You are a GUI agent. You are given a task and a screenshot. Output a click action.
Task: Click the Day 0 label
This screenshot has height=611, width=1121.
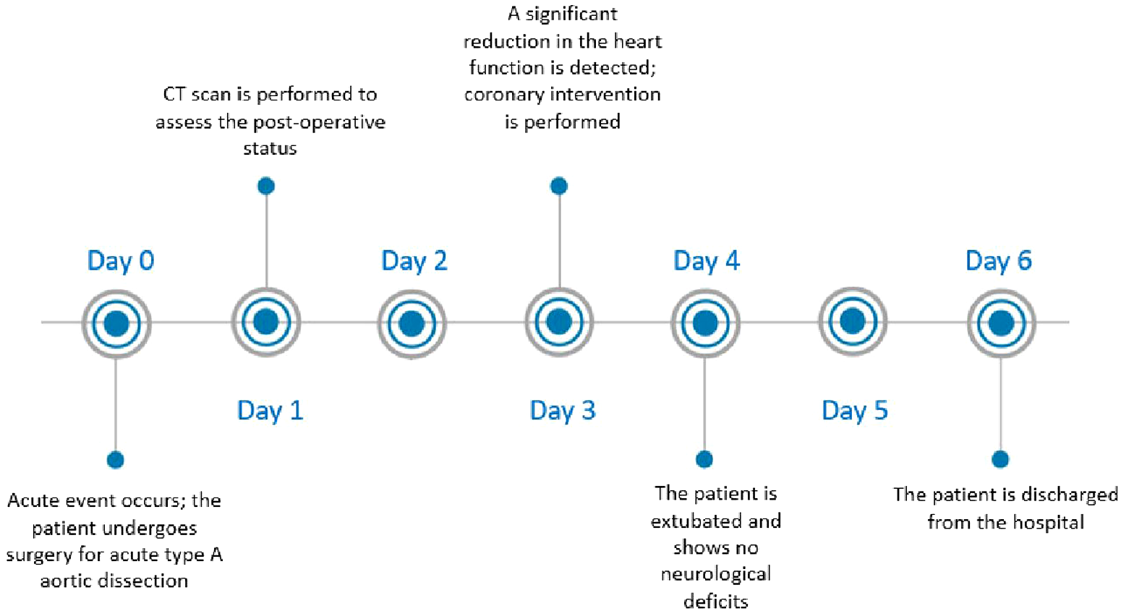click(120, 260)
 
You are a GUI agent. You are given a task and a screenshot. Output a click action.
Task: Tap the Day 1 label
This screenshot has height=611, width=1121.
click(270, 410)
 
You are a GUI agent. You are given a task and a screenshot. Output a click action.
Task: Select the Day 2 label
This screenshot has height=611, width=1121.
click(414, 260)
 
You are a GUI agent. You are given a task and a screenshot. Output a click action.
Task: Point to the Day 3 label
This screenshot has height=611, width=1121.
click(562, 410)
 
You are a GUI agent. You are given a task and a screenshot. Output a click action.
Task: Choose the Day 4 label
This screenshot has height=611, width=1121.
click(706, 260)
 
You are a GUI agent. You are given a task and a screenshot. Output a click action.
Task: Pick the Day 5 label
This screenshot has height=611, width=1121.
click(854, 410)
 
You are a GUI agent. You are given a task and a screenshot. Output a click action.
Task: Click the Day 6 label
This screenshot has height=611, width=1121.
click(998, 260)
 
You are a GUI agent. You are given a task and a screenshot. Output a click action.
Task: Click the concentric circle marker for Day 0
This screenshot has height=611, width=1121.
click(116, 323)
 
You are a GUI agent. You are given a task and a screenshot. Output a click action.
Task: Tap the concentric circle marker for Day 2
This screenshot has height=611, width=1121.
click(412, 323)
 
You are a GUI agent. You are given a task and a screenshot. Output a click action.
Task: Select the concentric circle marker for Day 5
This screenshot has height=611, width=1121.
click(853, 321)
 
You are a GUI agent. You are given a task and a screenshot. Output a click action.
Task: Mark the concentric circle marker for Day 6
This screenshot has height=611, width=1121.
click(1001, 323)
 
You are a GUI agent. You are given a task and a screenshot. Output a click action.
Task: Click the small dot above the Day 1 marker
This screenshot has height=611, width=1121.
click(266, 186)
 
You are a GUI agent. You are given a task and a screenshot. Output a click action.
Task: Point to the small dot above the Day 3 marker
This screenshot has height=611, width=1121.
click(559, 186)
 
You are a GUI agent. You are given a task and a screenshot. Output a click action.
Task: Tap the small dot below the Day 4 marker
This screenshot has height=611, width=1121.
click(704, 459)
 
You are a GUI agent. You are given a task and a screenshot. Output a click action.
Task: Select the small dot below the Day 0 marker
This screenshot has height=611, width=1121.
click(116, 460)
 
